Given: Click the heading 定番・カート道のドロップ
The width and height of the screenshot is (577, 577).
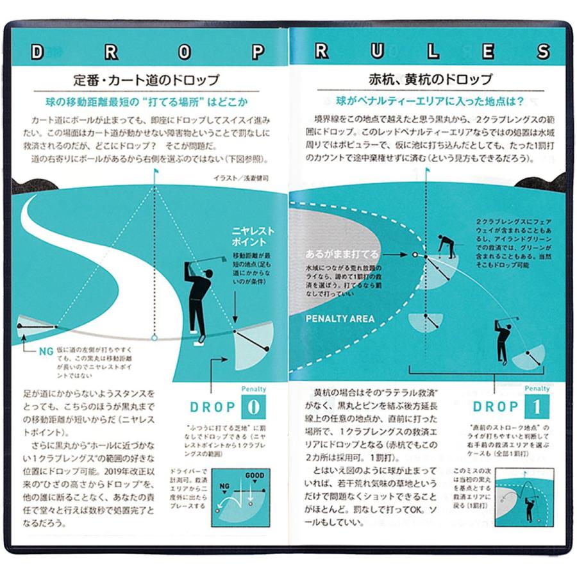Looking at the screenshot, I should pos(147,81).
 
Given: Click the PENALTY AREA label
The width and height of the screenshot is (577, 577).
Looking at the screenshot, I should pos(340,319).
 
